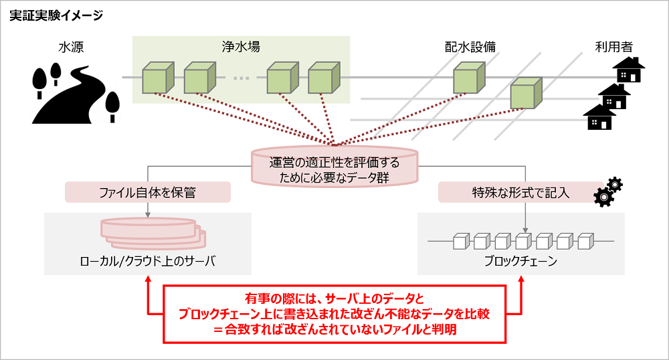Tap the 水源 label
pyautogui.click(x=72, y=48)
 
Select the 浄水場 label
pyautogui.click(x=241, y=48)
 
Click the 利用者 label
pyautogui.click(x=613, y=48)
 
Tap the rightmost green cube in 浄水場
pyautogui.click(x=324, y=78)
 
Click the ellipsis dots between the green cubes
pyautogui.click(x=241, y=79)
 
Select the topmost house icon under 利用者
pyautogui.click(x=629, y=70)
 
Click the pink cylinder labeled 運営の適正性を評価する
pyautogui.click(x=334, y=168)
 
